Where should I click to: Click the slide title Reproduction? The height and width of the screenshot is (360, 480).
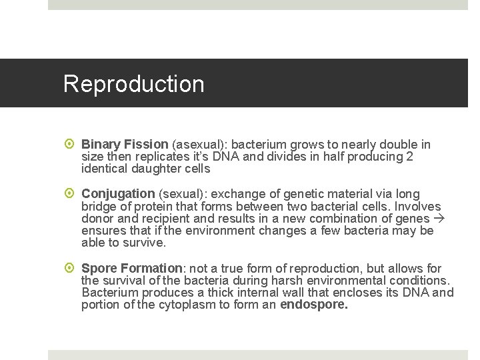[133, 84]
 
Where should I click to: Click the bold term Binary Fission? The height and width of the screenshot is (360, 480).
[125, 145]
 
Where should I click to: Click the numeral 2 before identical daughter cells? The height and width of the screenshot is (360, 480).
[409, 157]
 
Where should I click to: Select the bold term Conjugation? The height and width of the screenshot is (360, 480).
[118, 194]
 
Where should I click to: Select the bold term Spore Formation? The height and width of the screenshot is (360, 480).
[132, 268]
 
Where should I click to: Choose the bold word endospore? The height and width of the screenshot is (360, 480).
[314, 305]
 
